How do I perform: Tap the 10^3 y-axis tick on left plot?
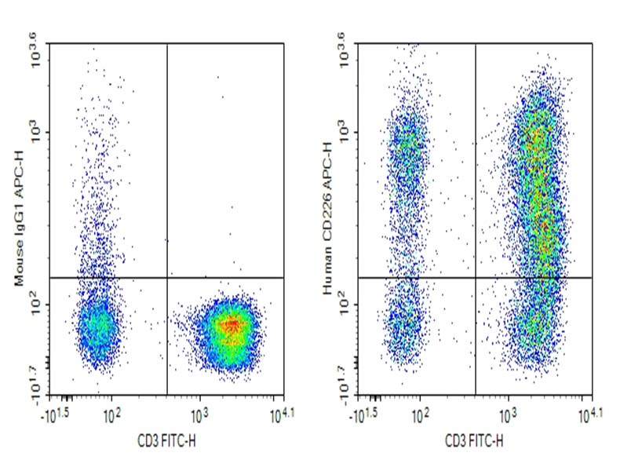[36, 133]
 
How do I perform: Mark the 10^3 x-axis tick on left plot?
[199, 411]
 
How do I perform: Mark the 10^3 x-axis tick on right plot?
[508, 411]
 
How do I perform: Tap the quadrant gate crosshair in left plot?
[167, 277]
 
